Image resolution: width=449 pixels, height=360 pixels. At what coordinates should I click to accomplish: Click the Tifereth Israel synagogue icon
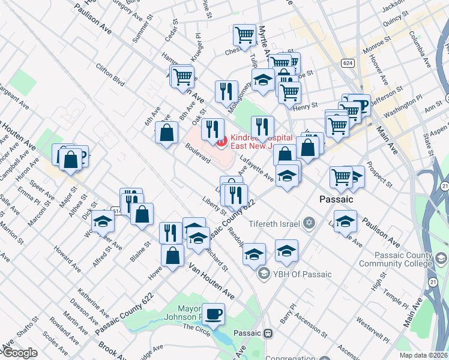point(309,223)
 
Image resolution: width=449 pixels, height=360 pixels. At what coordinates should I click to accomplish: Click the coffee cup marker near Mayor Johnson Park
point(213,314)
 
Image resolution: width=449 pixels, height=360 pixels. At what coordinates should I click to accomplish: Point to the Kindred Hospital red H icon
point(221,142)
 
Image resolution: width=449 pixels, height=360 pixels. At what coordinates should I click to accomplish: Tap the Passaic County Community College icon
point(441,259)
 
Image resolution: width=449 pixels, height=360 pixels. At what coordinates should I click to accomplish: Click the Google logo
point(19,353)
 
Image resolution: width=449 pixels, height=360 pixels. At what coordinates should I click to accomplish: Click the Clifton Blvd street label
point(110,74)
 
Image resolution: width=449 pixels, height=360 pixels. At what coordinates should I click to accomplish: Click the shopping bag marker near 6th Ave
point(166,133)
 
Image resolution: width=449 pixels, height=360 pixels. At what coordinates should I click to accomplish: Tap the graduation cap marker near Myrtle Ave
point(263,80)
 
